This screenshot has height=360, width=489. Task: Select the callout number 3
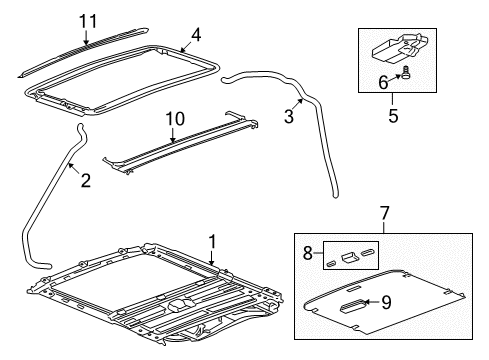290,117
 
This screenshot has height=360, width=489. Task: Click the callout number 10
176,120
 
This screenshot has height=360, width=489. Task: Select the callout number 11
88,19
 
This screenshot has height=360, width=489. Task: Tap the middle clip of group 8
350,257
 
